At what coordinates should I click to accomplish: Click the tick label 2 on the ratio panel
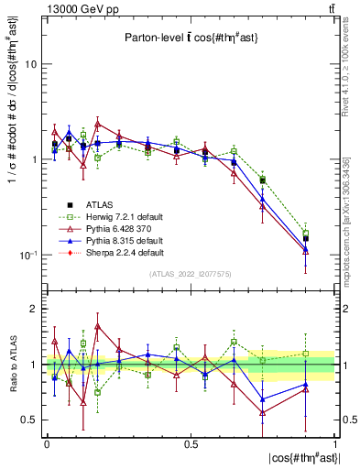[x=33, y=309]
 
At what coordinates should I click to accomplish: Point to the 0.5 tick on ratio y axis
[x=28, y=420]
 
